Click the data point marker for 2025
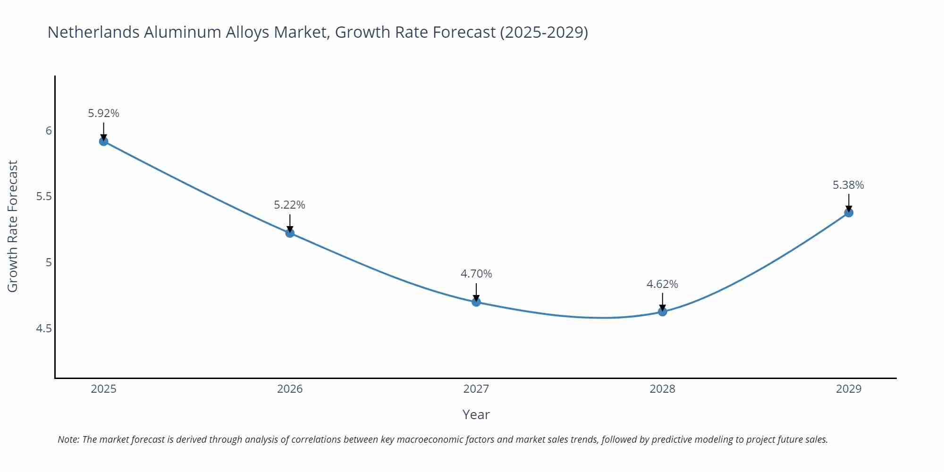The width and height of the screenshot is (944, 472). (104, 141)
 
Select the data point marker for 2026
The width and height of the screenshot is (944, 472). (290, 233)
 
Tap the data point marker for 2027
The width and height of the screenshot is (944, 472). (476, 302)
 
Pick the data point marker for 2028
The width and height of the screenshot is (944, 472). (662, 312)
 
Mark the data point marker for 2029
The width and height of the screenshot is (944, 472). (849, 212)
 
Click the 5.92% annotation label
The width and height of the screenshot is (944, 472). (104, 113)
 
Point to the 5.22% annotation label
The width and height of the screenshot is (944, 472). (290, 205)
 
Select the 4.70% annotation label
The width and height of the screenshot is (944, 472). (476, 274)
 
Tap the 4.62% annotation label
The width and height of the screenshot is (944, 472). (662, 284)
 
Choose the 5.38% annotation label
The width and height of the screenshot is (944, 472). (848, 185)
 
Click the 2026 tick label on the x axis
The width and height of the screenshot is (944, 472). (290, 389)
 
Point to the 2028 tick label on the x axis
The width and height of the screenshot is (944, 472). (662, 389)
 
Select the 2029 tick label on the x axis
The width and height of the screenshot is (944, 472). (849, 389)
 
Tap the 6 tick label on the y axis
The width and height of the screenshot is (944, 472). (49, 131)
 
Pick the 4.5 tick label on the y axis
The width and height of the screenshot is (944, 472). (44, 328)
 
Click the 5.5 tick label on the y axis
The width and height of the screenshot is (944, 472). (44, 196)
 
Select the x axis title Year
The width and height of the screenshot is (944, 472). (476, 414)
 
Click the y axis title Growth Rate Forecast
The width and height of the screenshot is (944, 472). (13, 226)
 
